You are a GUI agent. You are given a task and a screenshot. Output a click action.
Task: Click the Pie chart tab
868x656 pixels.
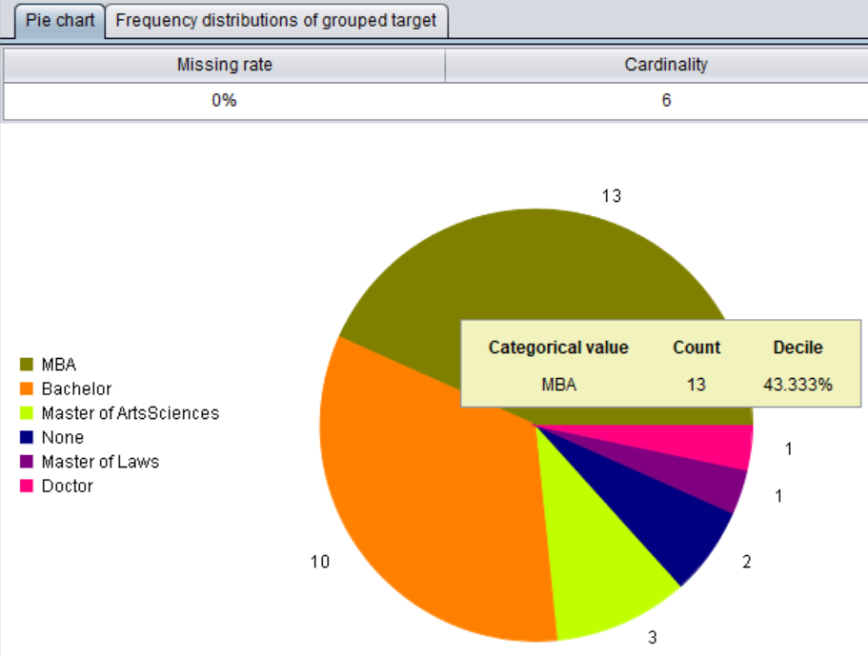pyautogui.click(x=59, y=20)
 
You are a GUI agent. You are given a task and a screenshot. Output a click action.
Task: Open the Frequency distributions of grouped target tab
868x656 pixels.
pyautogui.click(x=275, y=20)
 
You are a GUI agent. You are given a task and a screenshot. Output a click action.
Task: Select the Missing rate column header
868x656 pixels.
pyautogui.click(x=224, y=65)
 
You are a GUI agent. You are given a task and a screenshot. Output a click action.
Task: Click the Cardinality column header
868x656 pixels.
pyautogui.click(x=666, y=65)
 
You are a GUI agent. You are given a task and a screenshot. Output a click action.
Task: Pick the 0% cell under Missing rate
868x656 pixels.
pyautogui.click(x=224, y=100)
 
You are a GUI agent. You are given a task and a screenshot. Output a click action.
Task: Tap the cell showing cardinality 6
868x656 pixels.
pyautogui.click(x=666, y=100)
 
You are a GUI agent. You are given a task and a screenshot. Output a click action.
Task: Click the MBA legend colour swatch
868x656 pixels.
pyautogui.click(x=28, y=365)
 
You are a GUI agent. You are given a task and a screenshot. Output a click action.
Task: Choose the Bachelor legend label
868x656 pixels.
pyautogui.click(x=76, y=388)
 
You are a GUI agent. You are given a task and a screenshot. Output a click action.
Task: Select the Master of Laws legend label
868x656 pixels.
pyautogui.click(x=100, y=462)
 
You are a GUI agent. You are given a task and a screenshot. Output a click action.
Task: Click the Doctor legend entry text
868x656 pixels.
pyautogui.click(x=67, y=486)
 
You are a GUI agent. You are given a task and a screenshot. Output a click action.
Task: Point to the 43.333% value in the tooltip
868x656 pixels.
pyautogui.click(x=798, y=385)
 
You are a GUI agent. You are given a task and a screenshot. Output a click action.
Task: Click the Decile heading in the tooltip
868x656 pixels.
pyautogui.click(x=797, y=348)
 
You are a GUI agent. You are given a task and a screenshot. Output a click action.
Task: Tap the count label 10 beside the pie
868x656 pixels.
pyautogui.click(x=319, y=562)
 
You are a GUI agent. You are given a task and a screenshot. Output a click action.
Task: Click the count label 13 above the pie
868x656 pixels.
pyautogui.click(x=611, y=195)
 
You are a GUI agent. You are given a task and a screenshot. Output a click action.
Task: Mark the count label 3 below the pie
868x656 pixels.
pyautogui.click(x=653, y=638)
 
